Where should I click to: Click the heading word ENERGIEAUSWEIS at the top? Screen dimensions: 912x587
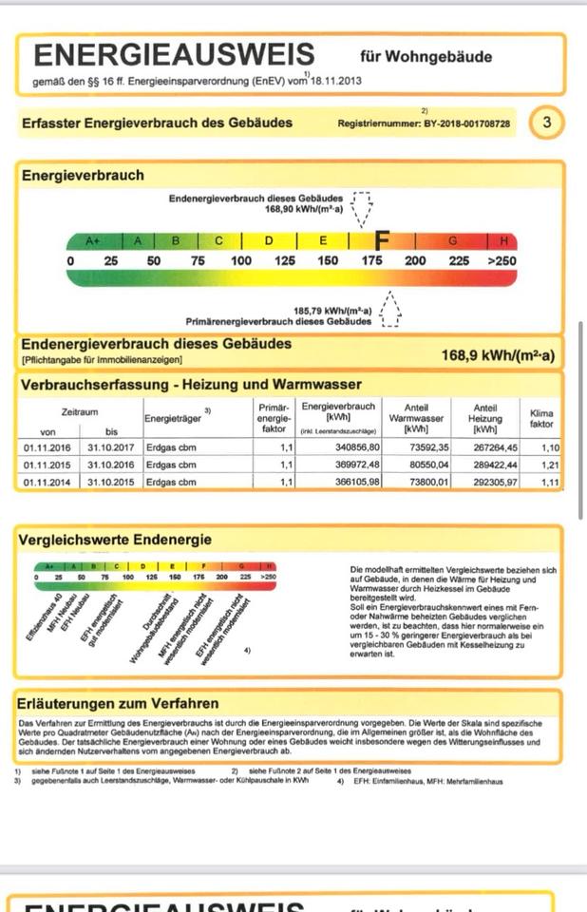click(174, 54)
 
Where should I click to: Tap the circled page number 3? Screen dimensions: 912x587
click(546, 123)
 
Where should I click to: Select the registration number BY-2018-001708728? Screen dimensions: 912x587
click(465, 123)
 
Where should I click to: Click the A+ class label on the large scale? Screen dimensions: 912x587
click(92, 241)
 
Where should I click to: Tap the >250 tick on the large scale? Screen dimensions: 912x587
click(502, 261)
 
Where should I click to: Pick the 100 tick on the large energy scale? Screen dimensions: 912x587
click(241, 261)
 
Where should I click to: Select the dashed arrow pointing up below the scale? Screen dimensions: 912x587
click(389, 311)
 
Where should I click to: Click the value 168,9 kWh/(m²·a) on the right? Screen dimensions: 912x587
click(498, 356)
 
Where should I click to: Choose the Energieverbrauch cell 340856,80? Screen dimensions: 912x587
click(352, 447)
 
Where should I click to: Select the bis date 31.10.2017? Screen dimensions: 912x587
click(112, 447)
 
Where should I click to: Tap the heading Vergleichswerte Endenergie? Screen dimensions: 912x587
click(115, 540)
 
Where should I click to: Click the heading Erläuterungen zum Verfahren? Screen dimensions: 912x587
click(118, 704)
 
